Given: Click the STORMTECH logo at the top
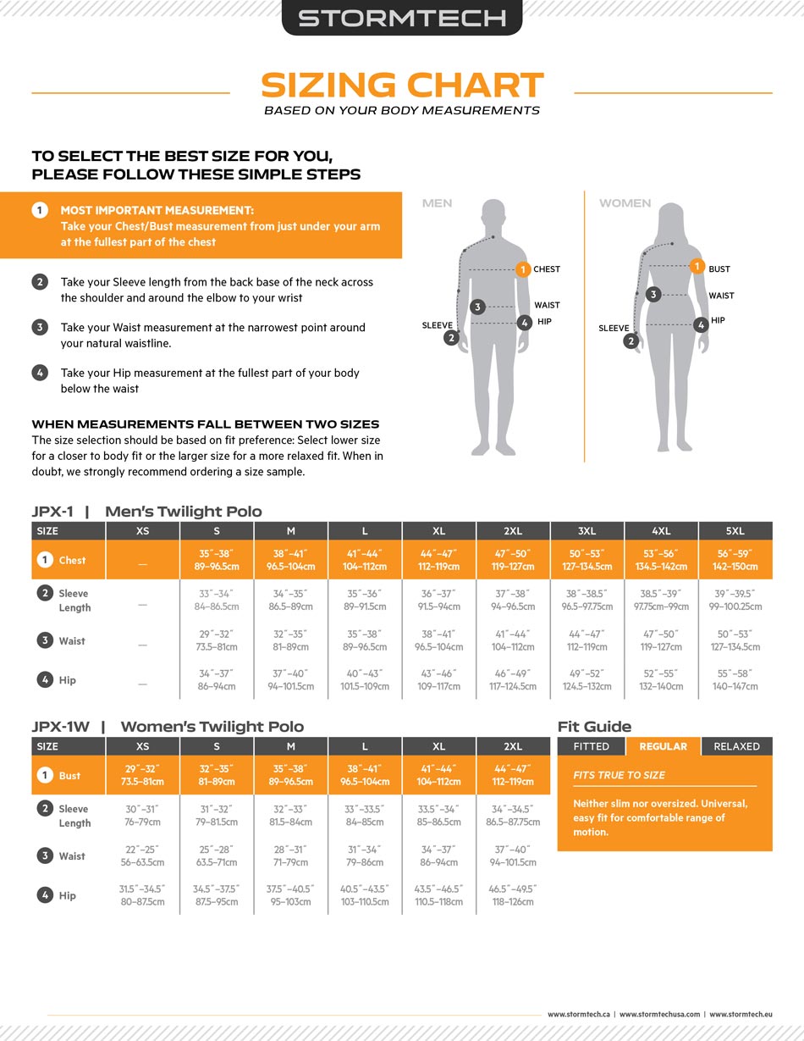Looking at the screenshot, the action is coord(402,18).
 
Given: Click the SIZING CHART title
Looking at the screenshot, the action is coord(402,85).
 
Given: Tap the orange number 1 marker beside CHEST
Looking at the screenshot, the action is coord(523,269).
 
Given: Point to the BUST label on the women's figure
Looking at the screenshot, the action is coord(719,269).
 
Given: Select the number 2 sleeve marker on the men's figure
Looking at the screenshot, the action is coord(451,338).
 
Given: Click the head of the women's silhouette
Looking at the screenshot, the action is coord(671,219).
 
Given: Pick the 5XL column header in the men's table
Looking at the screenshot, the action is coord(735,531).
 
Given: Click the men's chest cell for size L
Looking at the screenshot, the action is coord(365,560).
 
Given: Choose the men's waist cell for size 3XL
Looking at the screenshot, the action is coord(586,640).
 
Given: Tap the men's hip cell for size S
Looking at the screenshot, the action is coord(217,680).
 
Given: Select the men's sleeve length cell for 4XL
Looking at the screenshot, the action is coord(661,600).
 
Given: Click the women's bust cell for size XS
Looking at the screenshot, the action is coord(143,775).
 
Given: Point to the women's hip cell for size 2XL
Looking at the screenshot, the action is coord(513,895).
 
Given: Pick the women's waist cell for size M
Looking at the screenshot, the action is coord(290,856).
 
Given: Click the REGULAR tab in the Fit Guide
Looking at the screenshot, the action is coord(663,746).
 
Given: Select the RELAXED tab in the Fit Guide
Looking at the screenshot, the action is coord(736,746).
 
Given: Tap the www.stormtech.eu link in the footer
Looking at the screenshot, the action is coord(741,1014).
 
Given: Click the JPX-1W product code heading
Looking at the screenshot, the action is coord(61,727).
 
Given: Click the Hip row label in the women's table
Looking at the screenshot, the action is coord(67,895).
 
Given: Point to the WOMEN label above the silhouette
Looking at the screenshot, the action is coord(625,203).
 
